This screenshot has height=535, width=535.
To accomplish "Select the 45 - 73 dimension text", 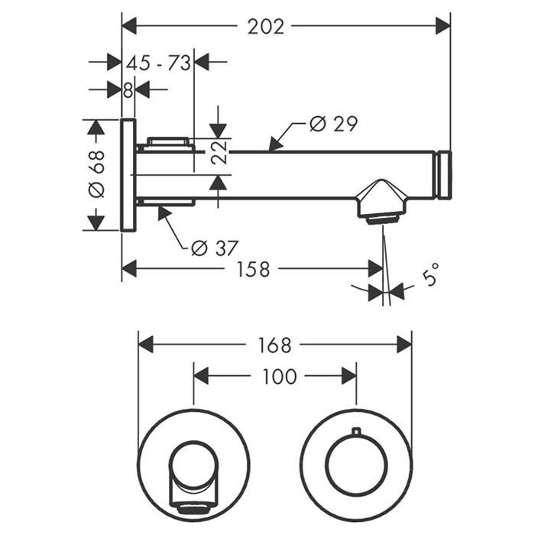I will point(157,63).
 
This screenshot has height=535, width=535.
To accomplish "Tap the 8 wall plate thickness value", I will point(128,89).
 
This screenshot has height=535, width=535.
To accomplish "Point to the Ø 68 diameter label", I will point(96,174).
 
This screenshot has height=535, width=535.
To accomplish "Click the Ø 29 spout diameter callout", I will point(333,124).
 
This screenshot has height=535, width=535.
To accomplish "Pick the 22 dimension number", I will point(219,154).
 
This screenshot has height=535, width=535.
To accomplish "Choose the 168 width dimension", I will point(274,345).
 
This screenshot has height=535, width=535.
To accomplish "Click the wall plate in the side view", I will point(128,175).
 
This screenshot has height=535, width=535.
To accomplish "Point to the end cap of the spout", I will point(443,175).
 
